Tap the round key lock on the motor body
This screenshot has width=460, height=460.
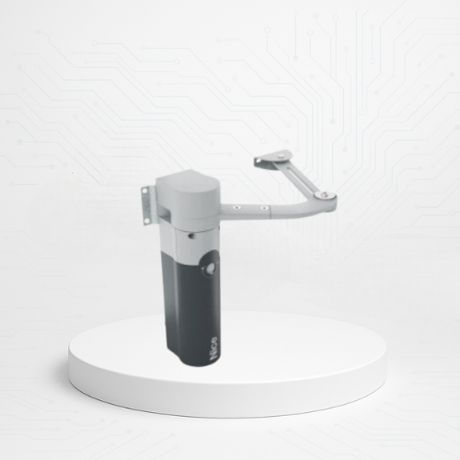(x=210, y=269)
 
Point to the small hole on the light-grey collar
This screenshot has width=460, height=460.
(x=191, y=236)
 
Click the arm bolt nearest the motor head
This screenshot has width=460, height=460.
(x=236, y=208)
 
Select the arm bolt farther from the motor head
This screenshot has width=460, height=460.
(x=263, y=208)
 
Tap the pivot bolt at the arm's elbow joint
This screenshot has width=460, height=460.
(x=325, y=194)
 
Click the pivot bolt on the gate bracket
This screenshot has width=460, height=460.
(x=282, y=157)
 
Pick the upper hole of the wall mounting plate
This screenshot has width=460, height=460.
(x=144, y=191)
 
